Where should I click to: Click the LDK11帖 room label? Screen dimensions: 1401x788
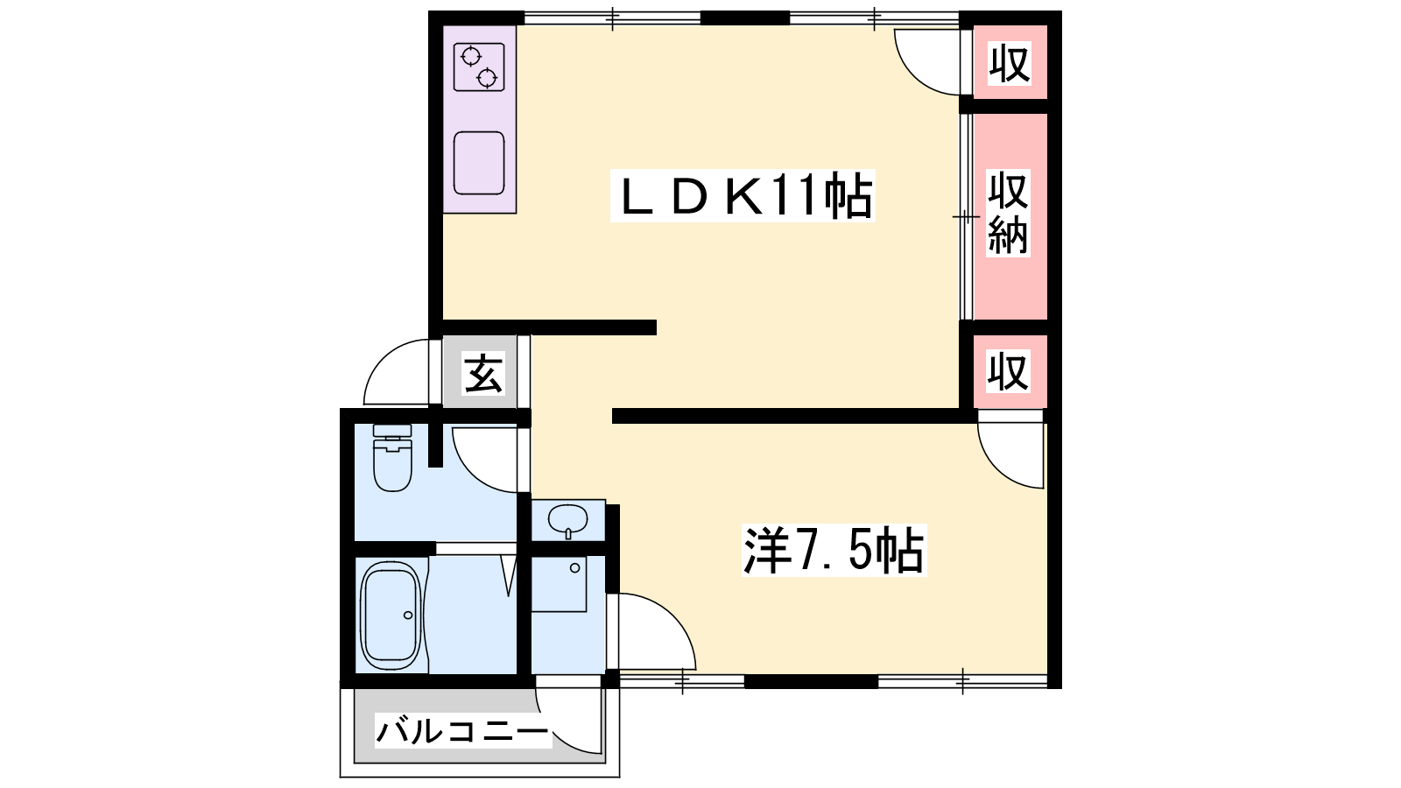coord(743,195)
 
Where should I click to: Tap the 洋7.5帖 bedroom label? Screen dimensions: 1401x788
coord(834,551)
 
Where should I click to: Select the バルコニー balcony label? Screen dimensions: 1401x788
coord(463,732)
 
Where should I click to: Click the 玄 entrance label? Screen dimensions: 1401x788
coord(482,374)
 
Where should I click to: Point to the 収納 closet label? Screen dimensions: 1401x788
coord(1008,214)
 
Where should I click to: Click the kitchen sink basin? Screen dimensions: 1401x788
coord(479,163)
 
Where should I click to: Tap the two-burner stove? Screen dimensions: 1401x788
coord(479,67)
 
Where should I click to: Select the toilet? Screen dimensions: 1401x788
coord(392,457)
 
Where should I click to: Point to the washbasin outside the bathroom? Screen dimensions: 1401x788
coord(567,519)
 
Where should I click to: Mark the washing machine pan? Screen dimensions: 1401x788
coord(559,583)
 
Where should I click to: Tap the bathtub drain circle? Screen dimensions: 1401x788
coord(408,616)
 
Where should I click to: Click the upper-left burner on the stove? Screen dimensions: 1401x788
coord(471,57)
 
